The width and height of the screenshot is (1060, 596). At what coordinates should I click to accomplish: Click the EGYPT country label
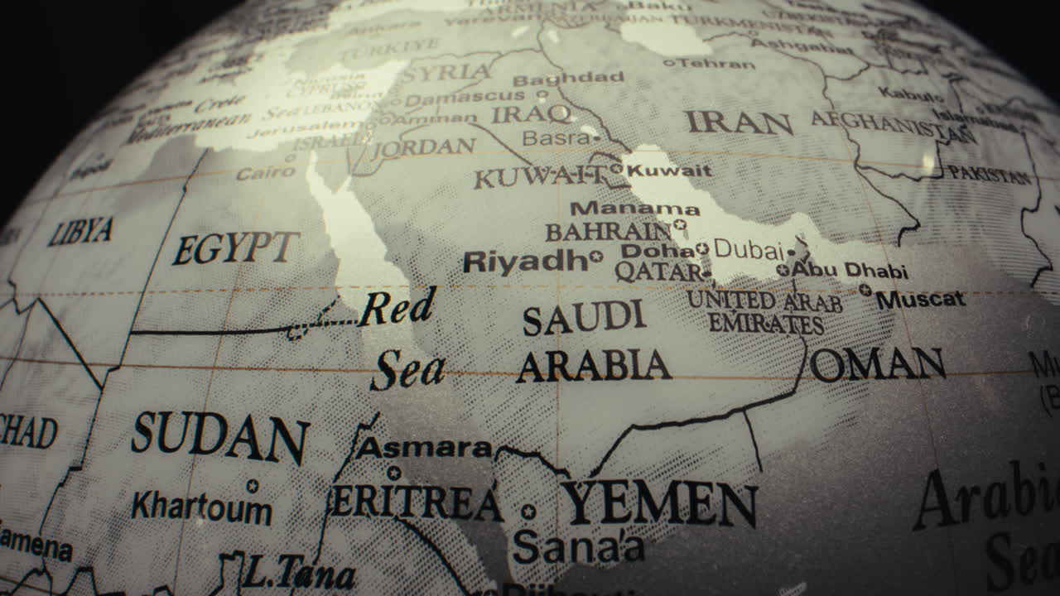[x=235, y=248]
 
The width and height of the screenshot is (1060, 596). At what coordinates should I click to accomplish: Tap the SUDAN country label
[x=219, y=437]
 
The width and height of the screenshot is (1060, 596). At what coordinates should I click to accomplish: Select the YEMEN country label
[x=659, y=503]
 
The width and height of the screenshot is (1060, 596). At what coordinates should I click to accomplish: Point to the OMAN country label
[x=878, y=364]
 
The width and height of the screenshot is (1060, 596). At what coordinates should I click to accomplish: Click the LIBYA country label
[x=80, y=231]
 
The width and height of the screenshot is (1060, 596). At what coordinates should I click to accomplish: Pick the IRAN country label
[x=739, y=123]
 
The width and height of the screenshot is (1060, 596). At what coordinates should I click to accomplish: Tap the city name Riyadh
[x=525, y=262]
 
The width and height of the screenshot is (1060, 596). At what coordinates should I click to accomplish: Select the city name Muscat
[x=921, y=299]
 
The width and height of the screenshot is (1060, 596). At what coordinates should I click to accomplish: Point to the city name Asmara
[x=424, y=448]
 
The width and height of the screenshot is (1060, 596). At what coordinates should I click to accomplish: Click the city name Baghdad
[x=568, y=78]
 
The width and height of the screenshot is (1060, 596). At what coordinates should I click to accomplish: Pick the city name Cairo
[x=266, y=173]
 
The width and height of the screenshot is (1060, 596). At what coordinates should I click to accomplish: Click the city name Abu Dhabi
[x=850, y=271]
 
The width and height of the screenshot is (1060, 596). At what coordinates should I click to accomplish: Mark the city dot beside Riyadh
[x=595, y=257]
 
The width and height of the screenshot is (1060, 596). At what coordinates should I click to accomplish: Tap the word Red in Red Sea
[x=397, y=308]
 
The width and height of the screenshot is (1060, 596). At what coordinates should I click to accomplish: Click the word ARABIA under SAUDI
[x=593, y=365]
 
